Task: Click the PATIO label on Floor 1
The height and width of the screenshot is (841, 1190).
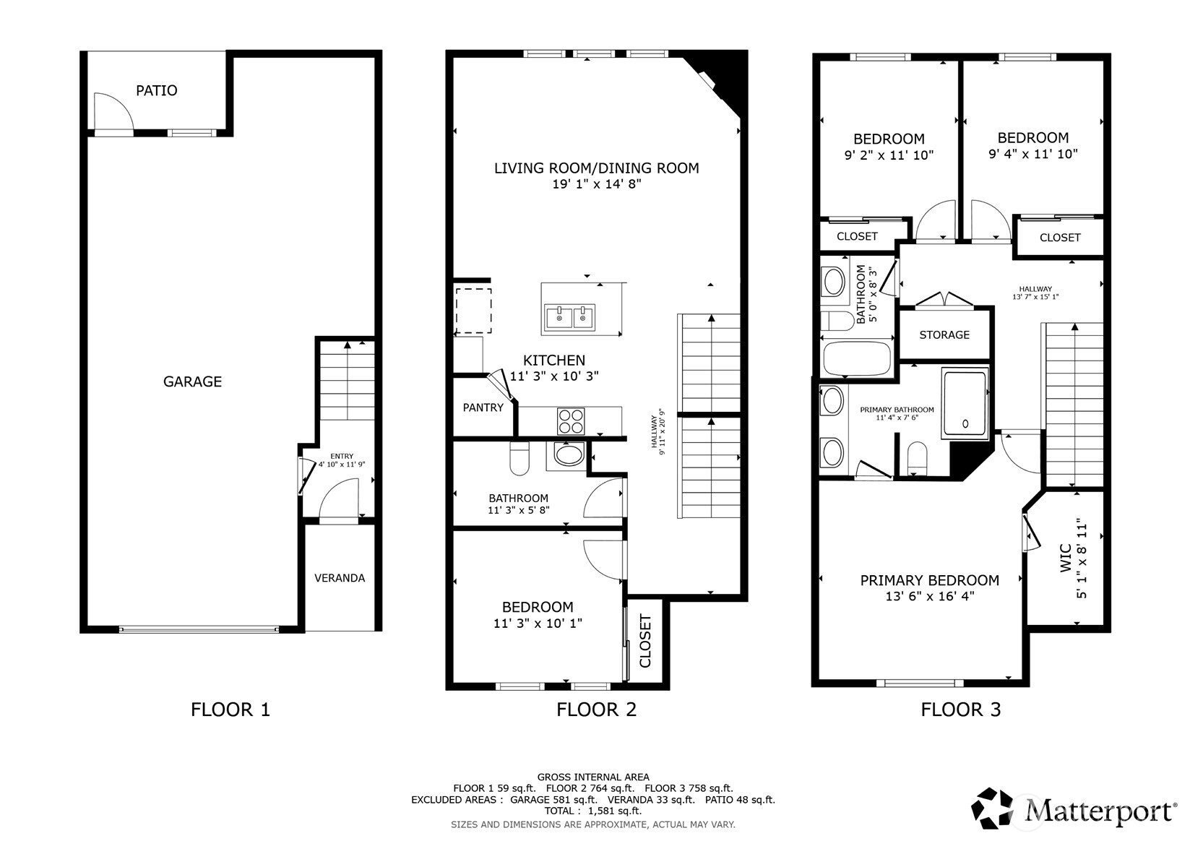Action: (x=156, y=91)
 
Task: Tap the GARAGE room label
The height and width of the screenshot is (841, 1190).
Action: (x=192, y=381)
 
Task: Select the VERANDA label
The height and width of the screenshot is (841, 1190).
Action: (x=340, y=578)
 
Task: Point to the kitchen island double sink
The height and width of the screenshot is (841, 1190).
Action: (x=569, y=317)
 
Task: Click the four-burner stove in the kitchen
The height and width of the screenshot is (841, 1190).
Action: (x=571, y=421)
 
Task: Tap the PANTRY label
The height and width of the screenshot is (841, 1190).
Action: (x=483, y=407)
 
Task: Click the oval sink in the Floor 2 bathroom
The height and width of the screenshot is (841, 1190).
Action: (x=569, y=454)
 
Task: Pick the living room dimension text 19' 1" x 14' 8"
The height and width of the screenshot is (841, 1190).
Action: (x=597, y=184)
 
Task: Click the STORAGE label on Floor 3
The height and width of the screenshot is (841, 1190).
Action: (x=944, y=335)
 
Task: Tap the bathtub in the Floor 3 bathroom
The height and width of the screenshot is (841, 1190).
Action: (x=857, y=358)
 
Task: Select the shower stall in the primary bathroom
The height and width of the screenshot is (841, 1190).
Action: (x=965, y=404)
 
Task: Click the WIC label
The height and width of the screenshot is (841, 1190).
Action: (x=1065, y=558)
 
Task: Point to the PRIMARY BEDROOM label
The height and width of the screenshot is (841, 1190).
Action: (x=930, y=580)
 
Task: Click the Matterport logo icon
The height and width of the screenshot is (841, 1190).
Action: (x=992, y=808)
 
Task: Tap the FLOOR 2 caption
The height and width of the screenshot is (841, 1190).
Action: (x=596, y=710)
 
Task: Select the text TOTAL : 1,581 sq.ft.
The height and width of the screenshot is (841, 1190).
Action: (x=593, y=811)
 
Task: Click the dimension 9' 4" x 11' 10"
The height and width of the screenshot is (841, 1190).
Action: (x=1033, y=154)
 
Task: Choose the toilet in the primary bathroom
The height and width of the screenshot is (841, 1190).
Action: (x=917, y=458)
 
